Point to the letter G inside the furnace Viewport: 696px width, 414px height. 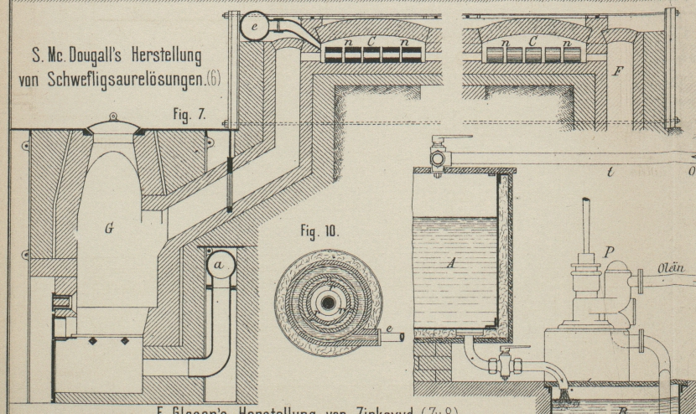tap(110, 228)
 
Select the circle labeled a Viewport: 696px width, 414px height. tap(219, 265)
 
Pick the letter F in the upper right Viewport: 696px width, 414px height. tap(617, 71)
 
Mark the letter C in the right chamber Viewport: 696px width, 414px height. tap(533, 39)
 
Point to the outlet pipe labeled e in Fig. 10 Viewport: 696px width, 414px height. tap(390, 337)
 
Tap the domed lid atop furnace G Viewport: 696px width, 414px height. tap(113, 127)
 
